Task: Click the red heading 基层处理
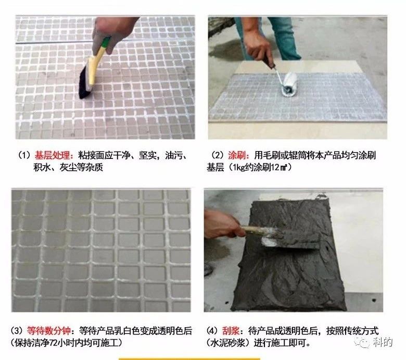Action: [52, 155]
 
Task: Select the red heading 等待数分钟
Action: [49, 330]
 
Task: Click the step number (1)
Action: [24, 155]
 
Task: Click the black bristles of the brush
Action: [84, 82]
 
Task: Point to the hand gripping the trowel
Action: [222, 225]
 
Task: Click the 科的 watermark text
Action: [383, 342]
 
